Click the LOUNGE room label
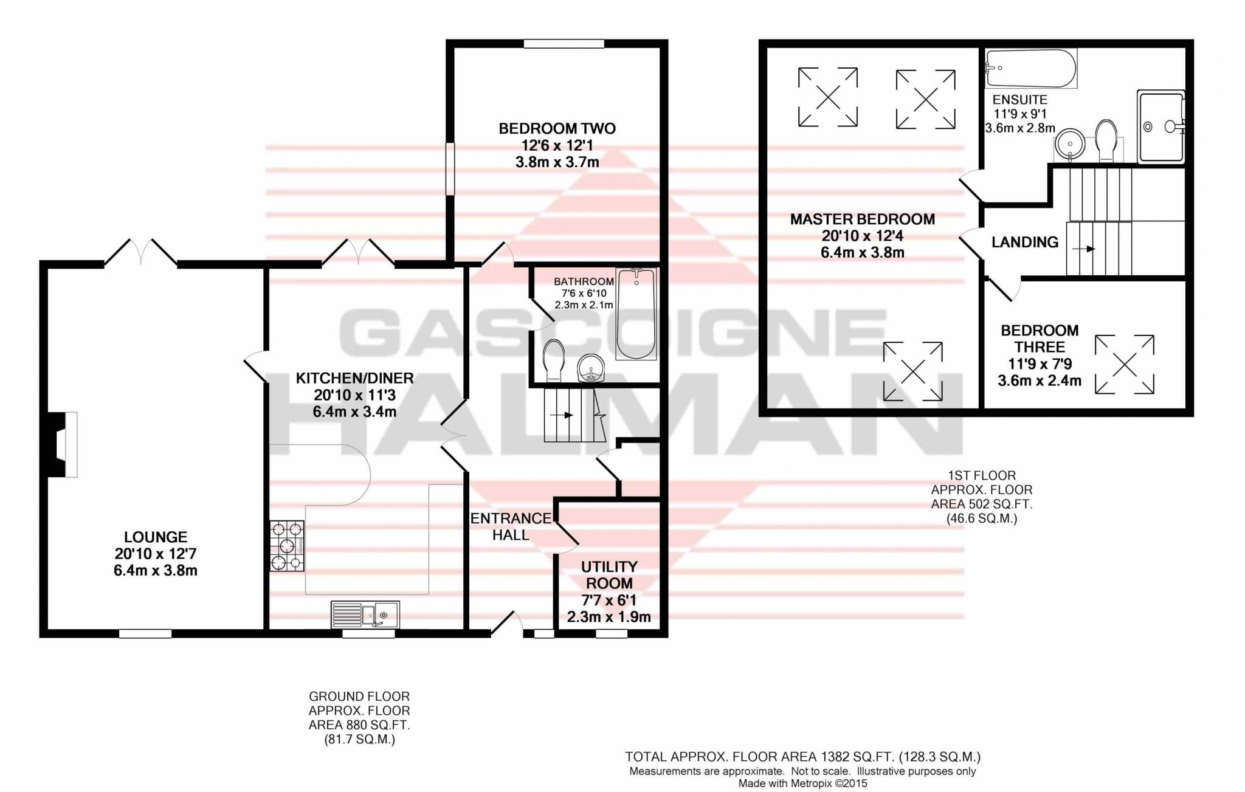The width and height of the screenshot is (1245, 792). [155, 537]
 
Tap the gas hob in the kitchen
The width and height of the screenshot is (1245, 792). [287, 546]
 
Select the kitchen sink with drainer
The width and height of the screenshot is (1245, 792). [365, 615]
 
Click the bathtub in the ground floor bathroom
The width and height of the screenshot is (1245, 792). [636, 314]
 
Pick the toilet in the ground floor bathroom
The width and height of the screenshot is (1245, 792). [553, 360]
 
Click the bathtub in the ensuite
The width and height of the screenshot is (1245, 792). [1030, 68]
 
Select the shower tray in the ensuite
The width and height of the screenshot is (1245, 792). [1161, 126]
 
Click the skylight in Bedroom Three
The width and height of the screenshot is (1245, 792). [1124, 365]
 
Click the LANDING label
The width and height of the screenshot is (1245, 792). [1025, 242]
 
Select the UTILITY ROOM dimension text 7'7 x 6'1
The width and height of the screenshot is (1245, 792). [609, 601]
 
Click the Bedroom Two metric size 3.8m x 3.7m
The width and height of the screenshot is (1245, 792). [557, 162]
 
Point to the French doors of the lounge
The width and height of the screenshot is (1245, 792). [140, 252]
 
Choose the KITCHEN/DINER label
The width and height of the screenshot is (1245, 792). [354, 378]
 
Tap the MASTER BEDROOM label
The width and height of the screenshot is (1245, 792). [862, 219]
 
